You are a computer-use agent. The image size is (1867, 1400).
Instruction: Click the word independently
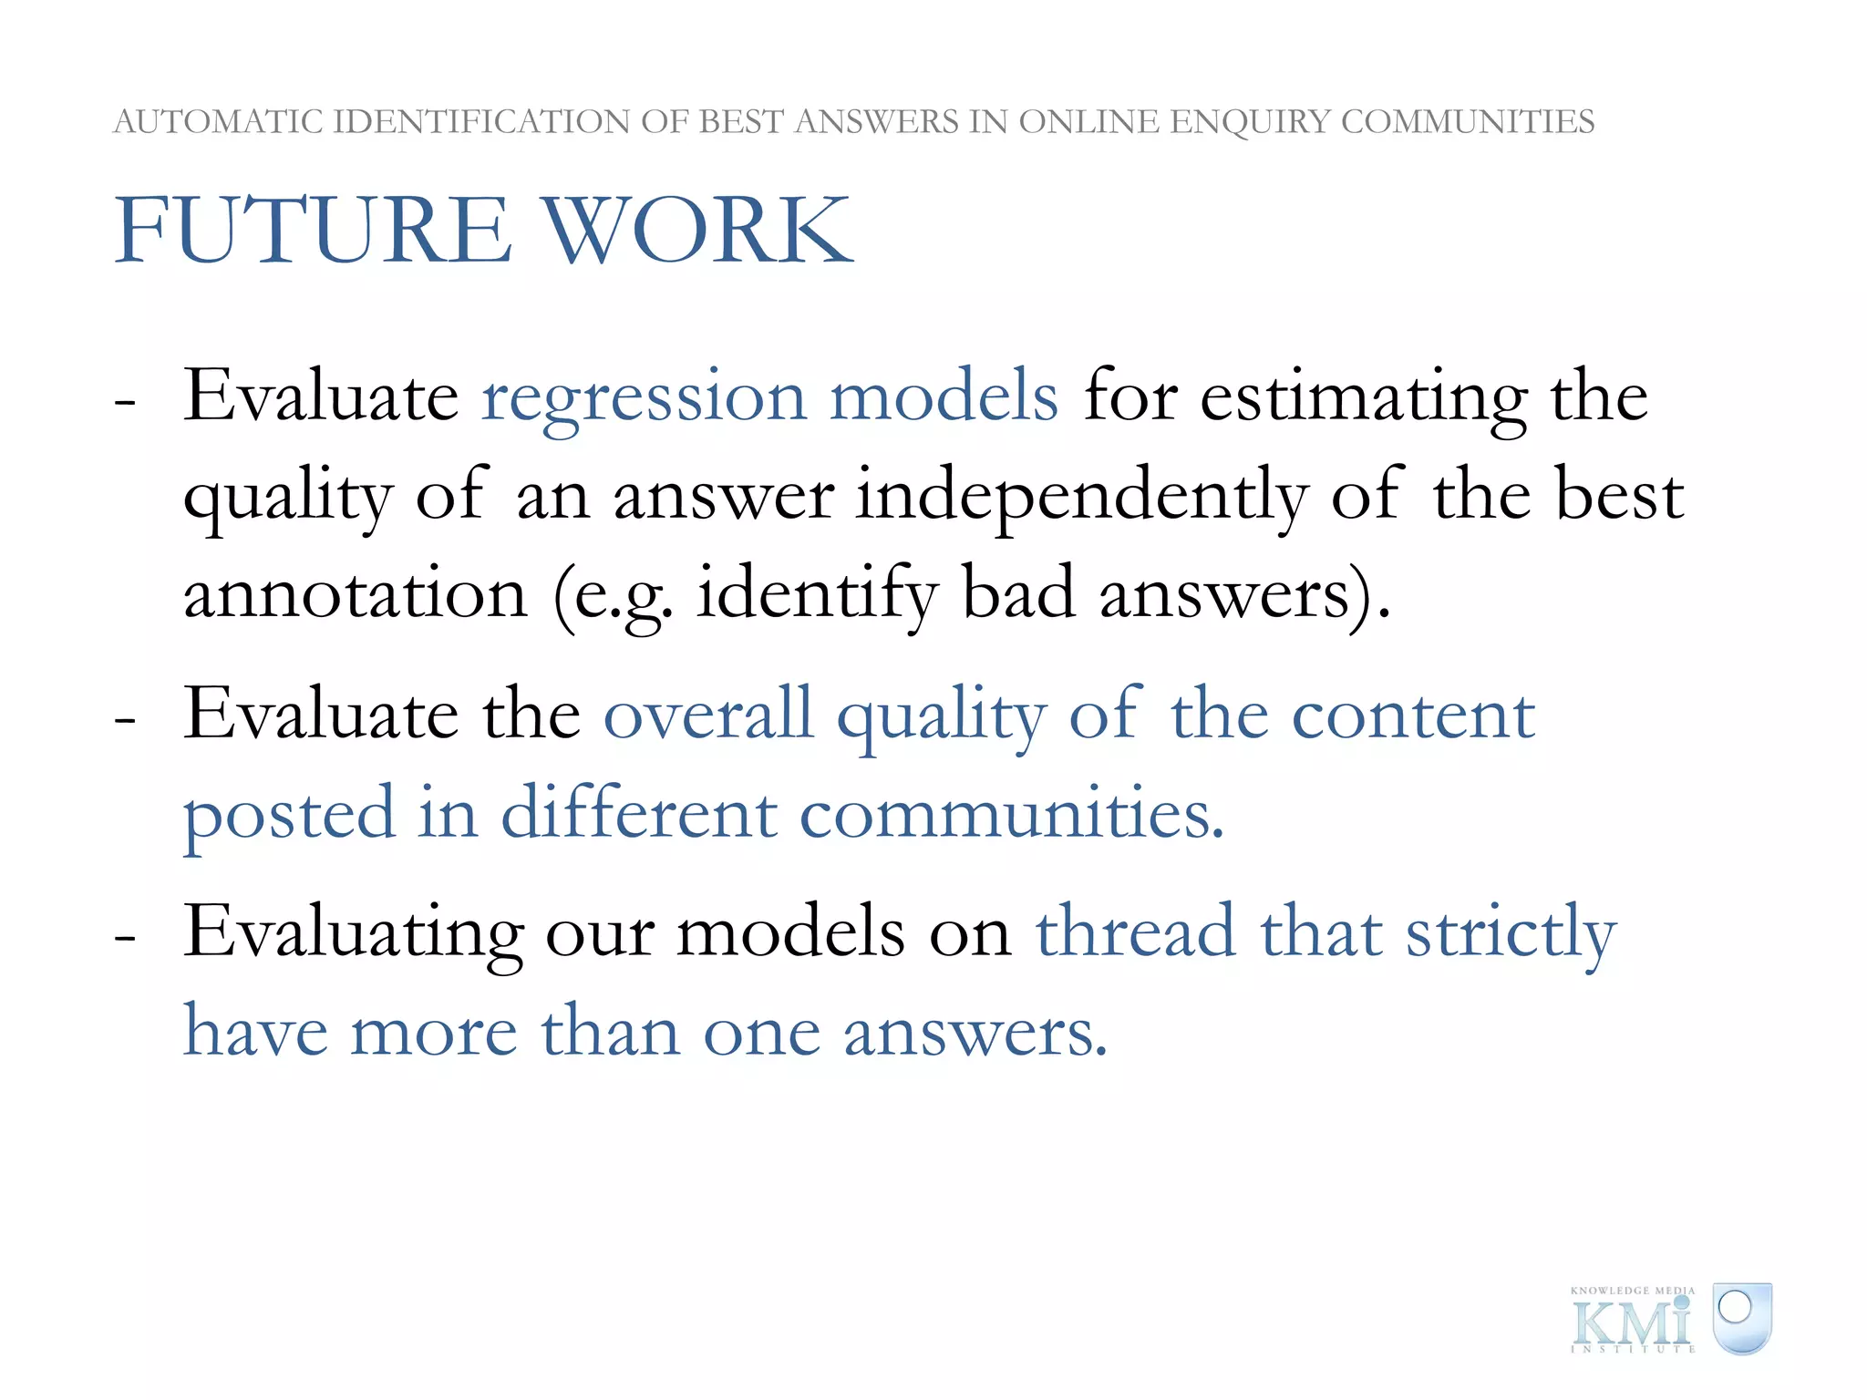click(x=1081, y=498)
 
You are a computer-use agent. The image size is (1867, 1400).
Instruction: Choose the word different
click(x=639, y=813)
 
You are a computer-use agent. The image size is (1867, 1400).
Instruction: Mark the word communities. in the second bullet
click(x=1012, y=813)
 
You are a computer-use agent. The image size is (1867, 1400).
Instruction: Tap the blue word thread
click(x=1136, y=932)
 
